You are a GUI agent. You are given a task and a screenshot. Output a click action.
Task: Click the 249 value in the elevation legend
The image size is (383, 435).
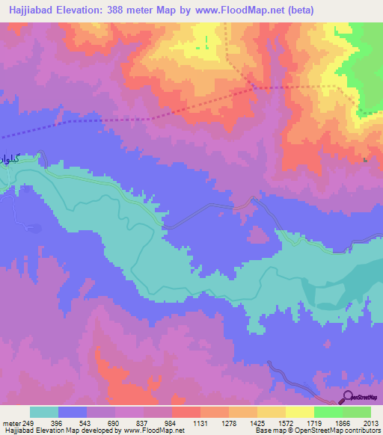click(29, 423)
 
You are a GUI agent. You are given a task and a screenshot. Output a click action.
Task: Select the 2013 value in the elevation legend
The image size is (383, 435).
click(371, 423)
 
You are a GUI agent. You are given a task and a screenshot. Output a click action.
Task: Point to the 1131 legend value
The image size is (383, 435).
click(200, 423)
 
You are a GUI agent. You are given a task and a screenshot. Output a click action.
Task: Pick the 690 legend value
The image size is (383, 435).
click(115, 423)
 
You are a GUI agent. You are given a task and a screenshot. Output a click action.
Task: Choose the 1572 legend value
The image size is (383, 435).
click(286, 423)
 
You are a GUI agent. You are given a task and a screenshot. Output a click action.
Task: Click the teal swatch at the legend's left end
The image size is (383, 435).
click(44, 412)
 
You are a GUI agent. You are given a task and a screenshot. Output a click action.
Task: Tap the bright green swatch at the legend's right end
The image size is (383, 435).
click(357, 412)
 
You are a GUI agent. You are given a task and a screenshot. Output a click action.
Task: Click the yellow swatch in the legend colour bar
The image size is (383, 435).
click(299, 412)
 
